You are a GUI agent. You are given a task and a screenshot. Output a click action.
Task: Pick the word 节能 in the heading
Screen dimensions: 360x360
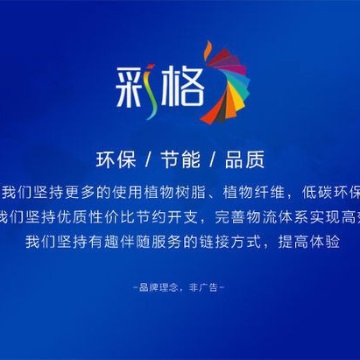pos(180,161)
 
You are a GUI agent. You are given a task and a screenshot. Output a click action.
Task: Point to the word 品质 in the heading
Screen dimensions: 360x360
pos(245,161)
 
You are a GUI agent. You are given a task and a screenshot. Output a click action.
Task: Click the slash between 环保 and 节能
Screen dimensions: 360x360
pos(147,161)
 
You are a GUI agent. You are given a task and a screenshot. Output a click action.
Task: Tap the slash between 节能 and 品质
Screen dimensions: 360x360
pos(213,161)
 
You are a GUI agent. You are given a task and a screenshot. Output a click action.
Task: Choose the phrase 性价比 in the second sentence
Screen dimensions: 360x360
pos(104,215)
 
